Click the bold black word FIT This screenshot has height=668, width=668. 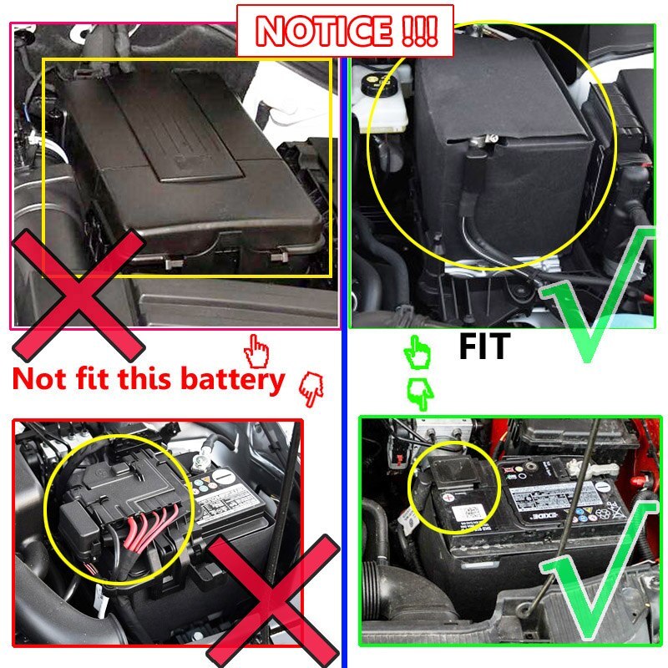point(483,346)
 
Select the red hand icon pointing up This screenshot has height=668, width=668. point(258,347)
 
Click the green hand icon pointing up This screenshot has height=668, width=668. point(415,352)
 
